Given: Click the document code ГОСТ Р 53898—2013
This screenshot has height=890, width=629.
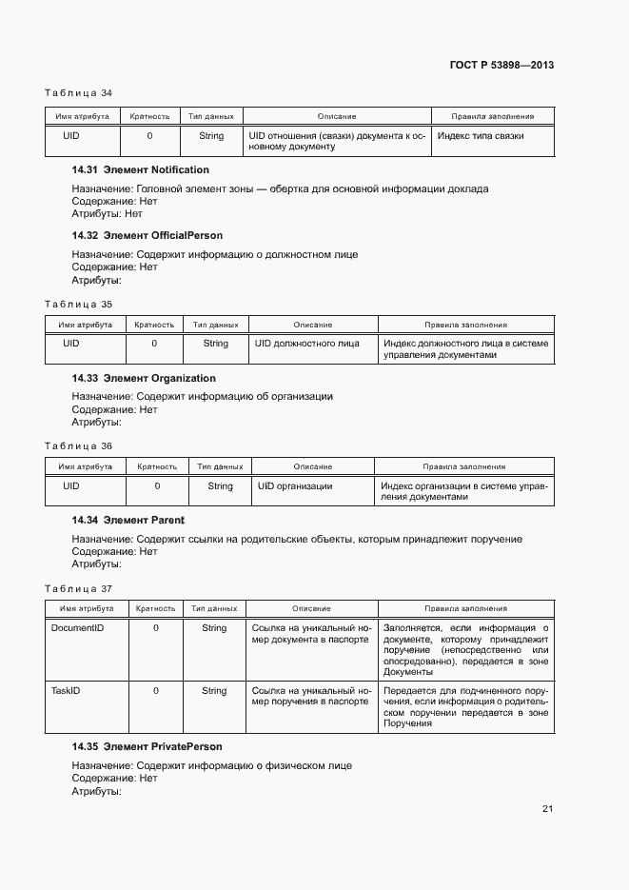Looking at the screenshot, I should pyautogui.click(x=501, y=66).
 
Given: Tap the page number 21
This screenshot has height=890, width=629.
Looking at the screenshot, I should pyautogui.click(x=547, y=809).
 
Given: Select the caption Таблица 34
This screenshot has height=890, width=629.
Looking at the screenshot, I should pyautogui.click(x=79, y=93).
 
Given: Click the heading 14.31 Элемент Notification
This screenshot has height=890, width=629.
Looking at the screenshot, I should pyautogui.click(x=140, y=170).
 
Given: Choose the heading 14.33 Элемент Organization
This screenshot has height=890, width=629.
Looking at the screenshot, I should pyautogui.click(x=144, y=379).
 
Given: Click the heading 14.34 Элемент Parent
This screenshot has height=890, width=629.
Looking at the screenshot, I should pyautogui.click(x=128, y=521).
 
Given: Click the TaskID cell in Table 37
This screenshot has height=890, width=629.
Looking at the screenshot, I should pyautogui.click(x=65, y=691).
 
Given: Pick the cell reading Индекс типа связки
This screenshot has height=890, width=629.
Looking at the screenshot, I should pyautogui.click(x=481, y=136).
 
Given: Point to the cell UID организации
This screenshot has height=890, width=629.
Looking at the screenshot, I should pyautogui.click(x=295, y=486).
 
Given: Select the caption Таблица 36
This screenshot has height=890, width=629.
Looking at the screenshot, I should pyautogui.click(x=79, y=445).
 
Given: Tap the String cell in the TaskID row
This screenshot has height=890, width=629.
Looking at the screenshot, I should pyautogui.click(x=214, y=691).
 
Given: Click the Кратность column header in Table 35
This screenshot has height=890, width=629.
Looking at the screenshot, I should pyautogui.click(x=154, y=325).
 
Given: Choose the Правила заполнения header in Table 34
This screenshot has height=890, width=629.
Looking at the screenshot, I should pyautogui.click(x=492, y=116).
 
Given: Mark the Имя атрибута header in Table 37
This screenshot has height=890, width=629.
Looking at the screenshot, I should pyautogui.click(x=87, y=608).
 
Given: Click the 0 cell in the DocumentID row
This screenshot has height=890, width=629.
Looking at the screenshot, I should pyautogui.click(x=156, y=628).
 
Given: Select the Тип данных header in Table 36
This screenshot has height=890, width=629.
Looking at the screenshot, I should pyautogui.click(x=220, y=466).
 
